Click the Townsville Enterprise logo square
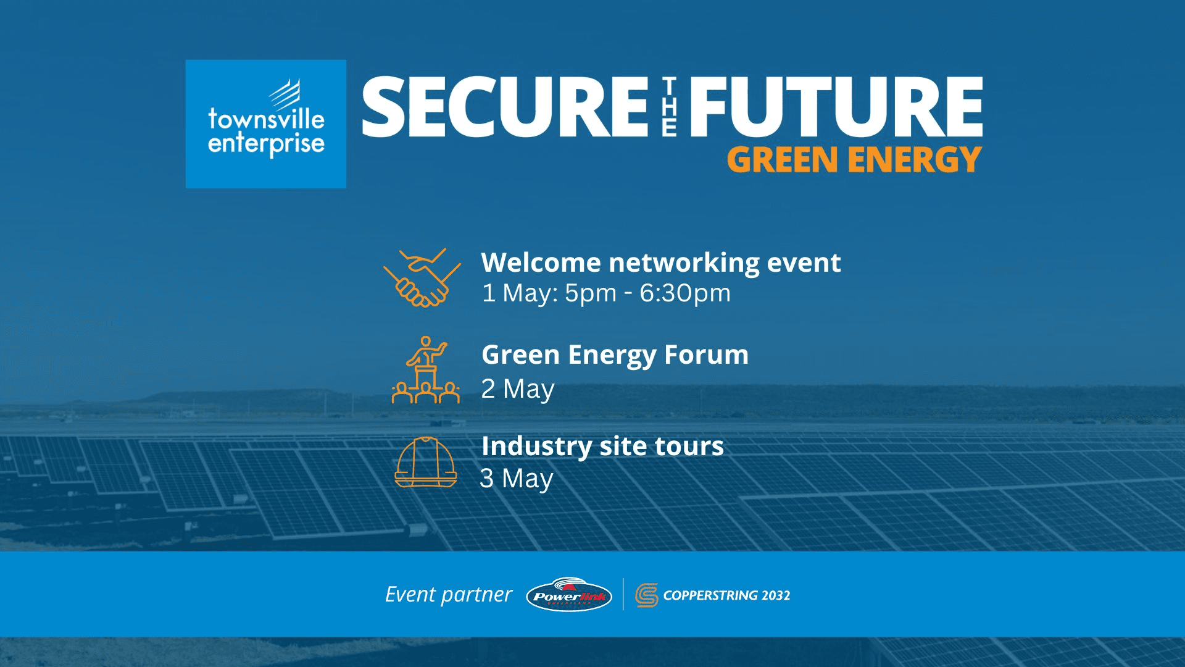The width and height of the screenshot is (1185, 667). pos(265,124)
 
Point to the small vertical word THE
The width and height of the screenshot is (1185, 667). pos(669,107)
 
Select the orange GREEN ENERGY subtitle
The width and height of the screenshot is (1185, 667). pos(854,160)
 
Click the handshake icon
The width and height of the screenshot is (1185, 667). pos(422,278)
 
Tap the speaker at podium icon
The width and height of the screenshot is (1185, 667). pos(426,370)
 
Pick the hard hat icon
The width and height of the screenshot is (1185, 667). pos(426,463)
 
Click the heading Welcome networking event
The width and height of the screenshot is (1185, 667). pos(660,262)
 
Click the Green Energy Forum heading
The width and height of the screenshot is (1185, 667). pos(615,355)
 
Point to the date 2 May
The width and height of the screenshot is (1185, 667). pos(518,389)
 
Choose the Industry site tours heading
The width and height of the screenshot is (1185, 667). pos(602,446)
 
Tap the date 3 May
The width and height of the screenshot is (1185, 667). pos(517,479)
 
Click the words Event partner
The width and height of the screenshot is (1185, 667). pos(449,594)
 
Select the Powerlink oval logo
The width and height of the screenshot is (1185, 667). pos(568,595)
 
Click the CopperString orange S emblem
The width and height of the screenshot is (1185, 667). pos(646,595)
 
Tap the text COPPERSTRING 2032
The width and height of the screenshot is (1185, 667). pos(726,595)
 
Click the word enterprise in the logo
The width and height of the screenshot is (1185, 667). pos(266,145)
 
